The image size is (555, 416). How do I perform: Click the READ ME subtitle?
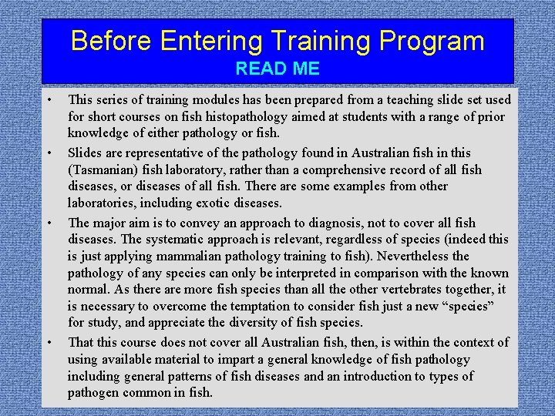pos(277,69)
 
